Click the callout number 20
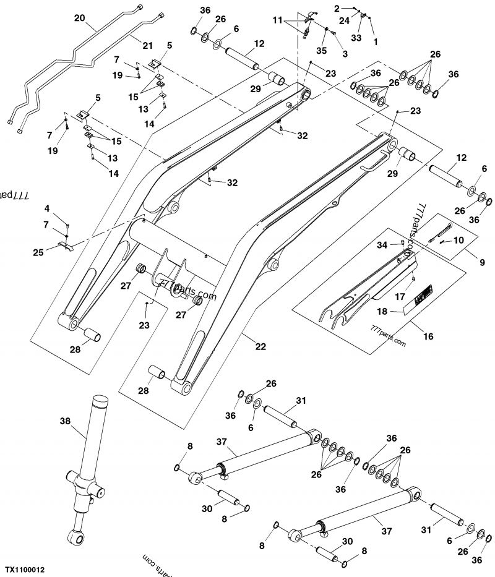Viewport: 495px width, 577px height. click(x=79, y=19)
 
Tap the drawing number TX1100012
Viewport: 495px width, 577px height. click(x=26, y=568)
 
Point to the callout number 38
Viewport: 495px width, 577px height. click(x=65, y=421)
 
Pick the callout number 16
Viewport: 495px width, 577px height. click(x=428, y=337)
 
